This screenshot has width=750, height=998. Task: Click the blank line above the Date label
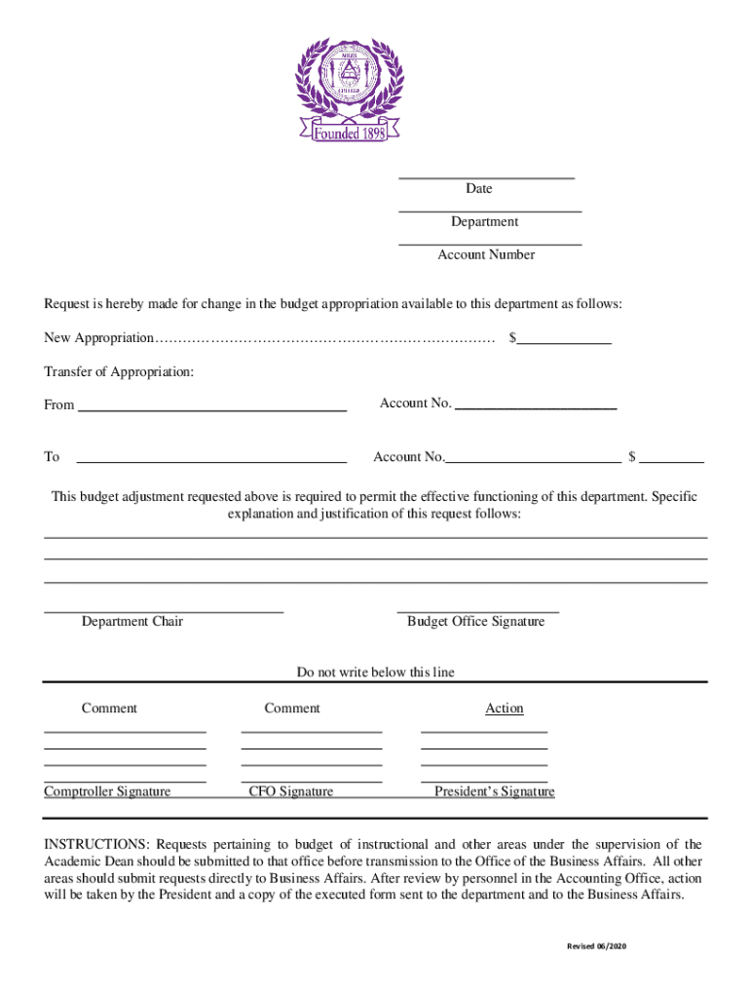coord(486,177)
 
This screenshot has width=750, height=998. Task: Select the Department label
coord(484,222)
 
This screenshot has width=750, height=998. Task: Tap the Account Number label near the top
coord(486,254)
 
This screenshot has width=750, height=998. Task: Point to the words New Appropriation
coord(98,338)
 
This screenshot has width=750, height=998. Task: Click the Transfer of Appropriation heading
coord(119,372)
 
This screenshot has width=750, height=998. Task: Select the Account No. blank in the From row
coord(536,406)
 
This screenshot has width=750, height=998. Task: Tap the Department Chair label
coord(131,622)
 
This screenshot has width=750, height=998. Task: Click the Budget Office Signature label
coord(475,622)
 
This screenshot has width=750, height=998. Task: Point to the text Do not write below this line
coord(375,672)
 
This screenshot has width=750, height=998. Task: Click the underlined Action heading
coord(505,709)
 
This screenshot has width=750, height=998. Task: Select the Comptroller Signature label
coord(107,791)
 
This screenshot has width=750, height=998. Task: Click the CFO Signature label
coord(290,791)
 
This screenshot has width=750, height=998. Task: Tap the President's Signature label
coord(494,791)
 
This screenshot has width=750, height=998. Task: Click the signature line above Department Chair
coord(164,611)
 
